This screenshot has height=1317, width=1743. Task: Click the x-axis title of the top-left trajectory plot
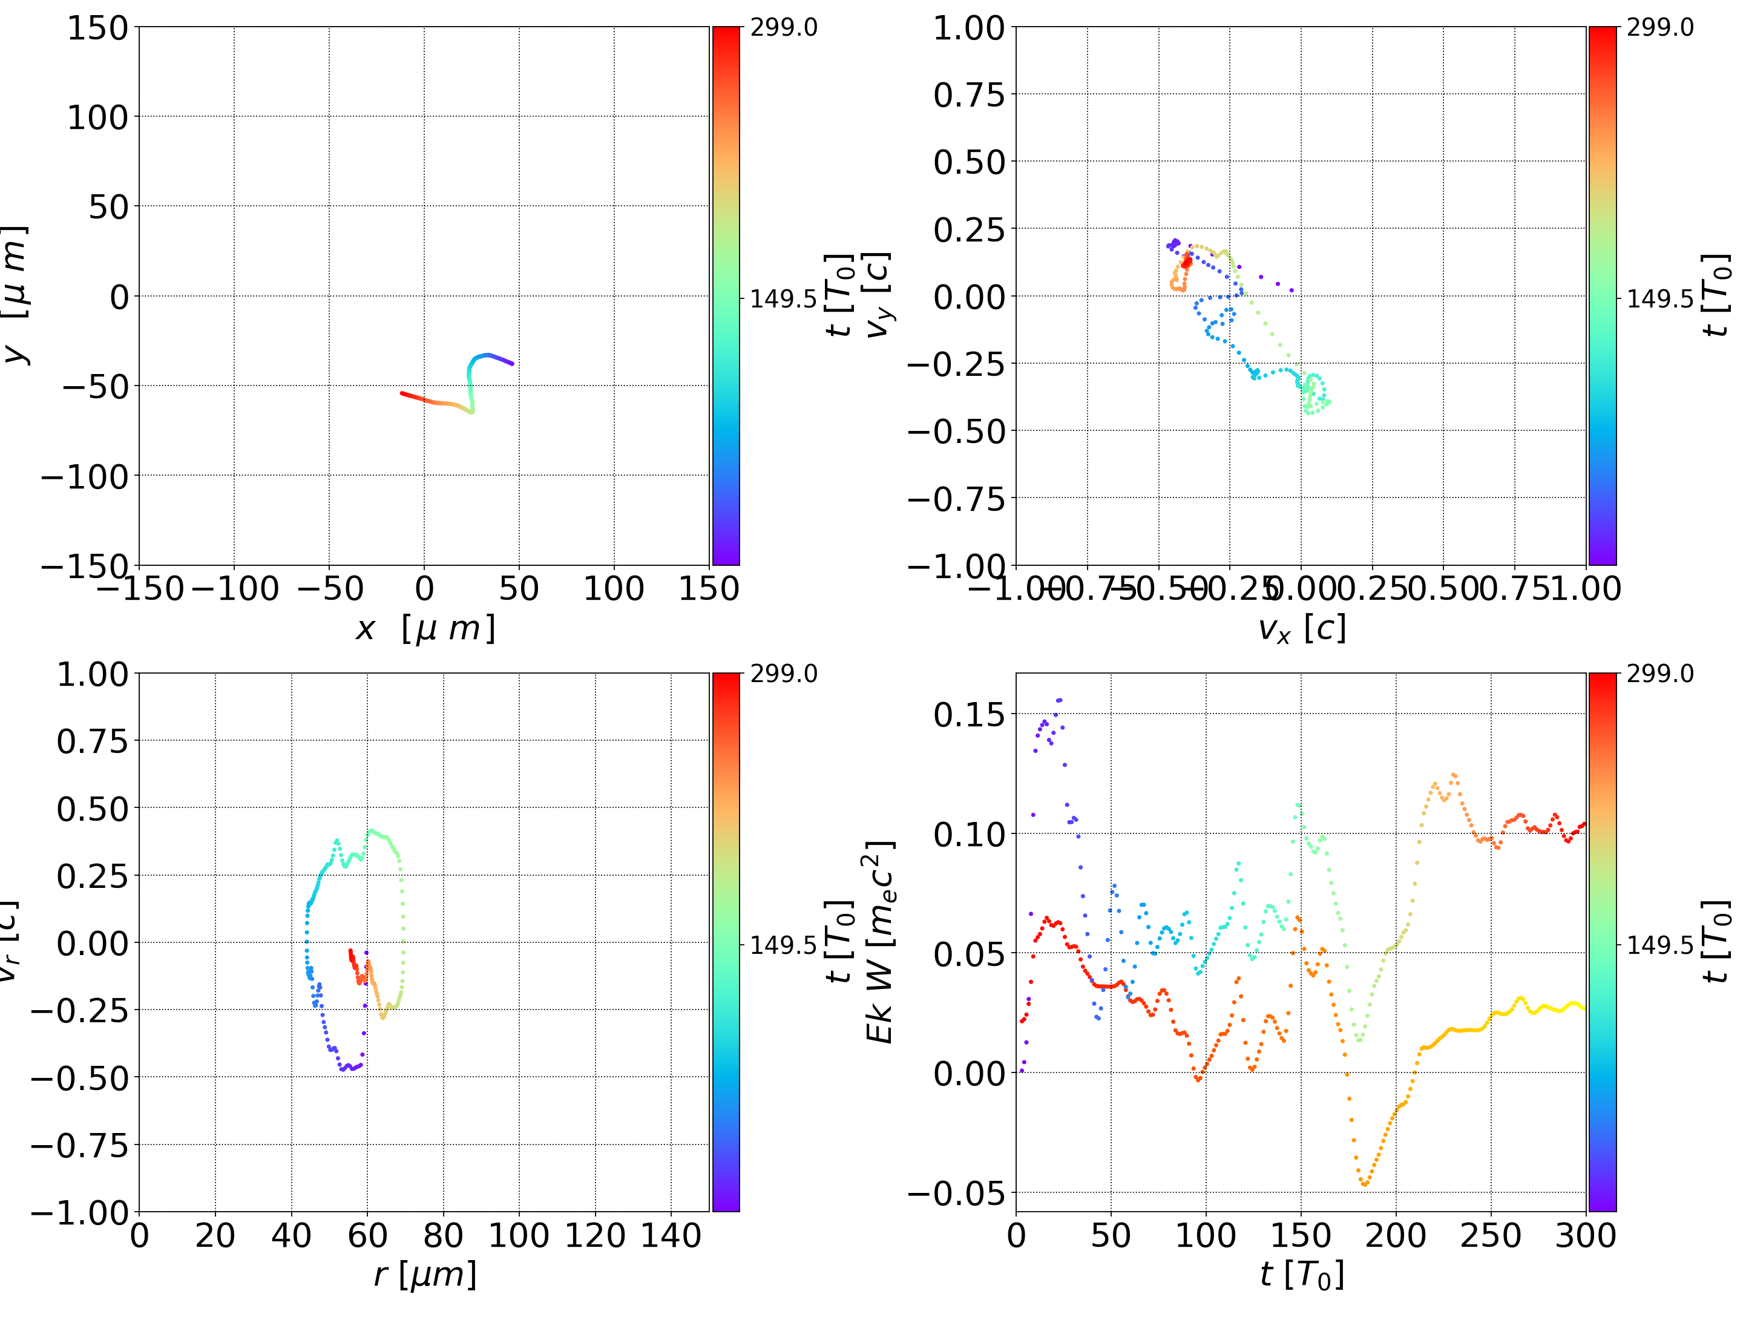425,629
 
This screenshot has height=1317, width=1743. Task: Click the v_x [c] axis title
1301,629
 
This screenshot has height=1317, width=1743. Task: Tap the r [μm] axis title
425,1275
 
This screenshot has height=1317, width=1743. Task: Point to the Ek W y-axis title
879,942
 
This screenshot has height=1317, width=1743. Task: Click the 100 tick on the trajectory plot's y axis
97,117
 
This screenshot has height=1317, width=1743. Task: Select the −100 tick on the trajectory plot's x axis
235,589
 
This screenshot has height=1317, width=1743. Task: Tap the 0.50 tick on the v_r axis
91,809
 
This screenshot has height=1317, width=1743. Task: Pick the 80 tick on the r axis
443,1235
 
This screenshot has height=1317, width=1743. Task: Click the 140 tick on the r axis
671,1235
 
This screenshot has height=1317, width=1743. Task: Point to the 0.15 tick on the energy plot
969,715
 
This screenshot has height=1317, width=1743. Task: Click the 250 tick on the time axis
1490,1235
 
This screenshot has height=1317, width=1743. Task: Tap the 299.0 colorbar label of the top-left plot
783,28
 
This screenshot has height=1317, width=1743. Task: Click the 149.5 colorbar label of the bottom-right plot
1659,944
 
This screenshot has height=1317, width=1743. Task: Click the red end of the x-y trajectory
402,393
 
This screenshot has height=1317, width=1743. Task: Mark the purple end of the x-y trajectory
512,363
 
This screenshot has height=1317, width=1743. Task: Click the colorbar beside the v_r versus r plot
726,942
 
